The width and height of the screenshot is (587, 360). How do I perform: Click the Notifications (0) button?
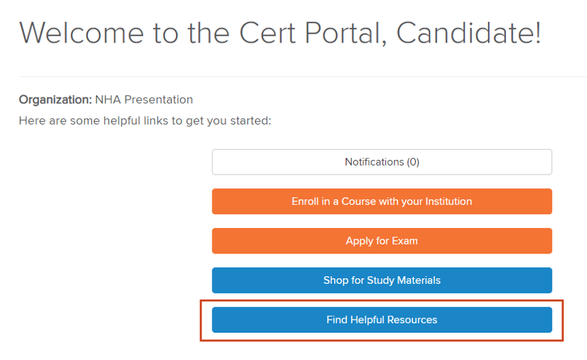(x=381, y=162)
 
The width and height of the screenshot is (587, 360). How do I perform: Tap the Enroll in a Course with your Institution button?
(x=381, y=201)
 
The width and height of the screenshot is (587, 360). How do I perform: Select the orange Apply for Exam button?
(x=381, y=241)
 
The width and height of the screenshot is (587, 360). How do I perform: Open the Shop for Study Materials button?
(x=381, y=280)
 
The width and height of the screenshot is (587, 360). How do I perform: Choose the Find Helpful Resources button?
(x=381, y=320)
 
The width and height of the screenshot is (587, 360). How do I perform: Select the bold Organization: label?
(x=55, y=100)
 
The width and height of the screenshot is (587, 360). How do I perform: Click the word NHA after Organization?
(x=108, y=100)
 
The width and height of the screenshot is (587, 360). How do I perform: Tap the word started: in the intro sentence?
(x=248, y=121)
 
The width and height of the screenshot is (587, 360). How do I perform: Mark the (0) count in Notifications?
(x=412, y=162)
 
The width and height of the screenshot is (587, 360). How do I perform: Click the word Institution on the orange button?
(x=445, y=201)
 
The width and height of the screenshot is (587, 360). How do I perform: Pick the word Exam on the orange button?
(x=404, y=241)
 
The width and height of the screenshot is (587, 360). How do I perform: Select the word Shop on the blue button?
(x=335, y=280)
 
